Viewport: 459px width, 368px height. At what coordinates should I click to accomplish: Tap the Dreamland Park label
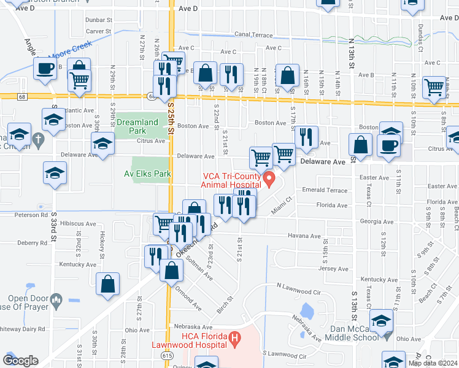138,122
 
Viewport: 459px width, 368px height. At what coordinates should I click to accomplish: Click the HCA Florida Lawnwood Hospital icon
233,337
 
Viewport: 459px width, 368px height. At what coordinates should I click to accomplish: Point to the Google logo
20,361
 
